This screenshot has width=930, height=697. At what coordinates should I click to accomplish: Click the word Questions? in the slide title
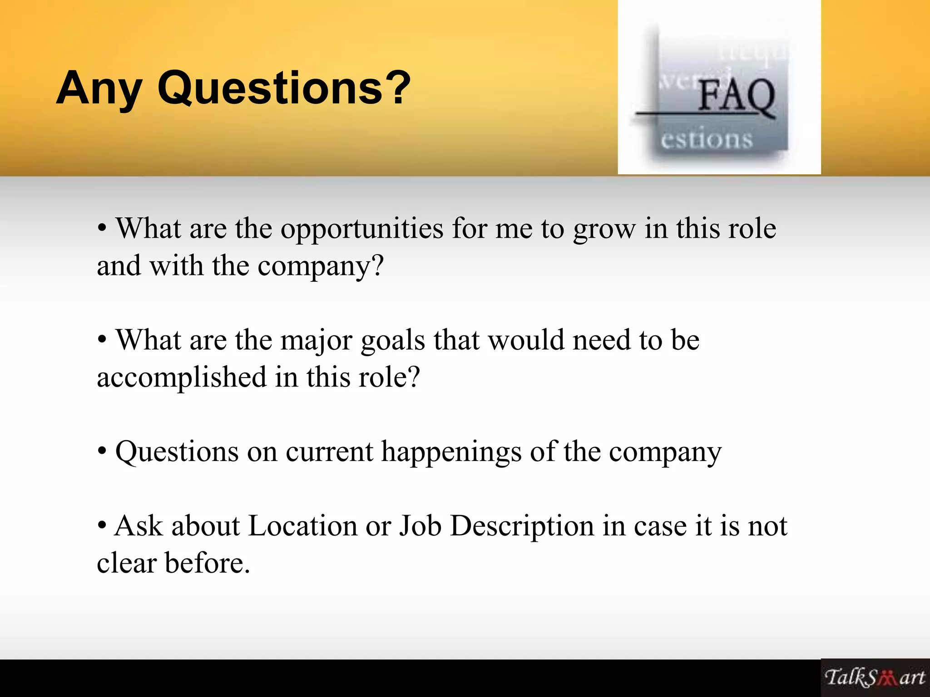pos(284,88)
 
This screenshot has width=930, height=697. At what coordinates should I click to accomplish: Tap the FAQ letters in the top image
pos(736,96)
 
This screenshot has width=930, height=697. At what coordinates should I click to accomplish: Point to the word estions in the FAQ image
pos(707,139)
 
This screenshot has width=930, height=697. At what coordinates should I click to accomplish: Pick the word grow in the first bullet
pos(604,229)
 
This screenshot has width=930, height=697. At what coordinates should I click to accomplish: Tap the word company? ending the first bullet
pos(321,266)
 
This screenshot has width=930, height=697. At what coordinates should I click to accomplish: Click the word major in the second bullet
pos(317,340)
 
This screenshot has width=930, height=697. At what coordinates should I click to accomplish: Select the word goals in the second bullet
pos(393,340)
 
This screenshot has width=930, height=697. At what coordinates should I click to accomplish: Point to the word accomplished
pos(182,378)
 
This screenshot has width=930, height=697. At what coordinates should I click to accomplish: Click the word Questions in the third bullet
pos(177,452)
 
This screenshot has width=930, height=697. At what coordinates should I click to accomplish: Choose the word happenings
pos(451,452)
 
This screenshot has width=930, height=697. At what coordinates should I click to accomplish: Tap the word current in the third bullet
pos(329,452)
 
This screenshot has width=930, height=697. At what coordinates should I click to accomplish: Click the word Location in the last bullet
pos(303,526)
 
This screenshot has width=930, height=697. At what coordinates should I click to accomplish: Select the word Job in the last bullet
pos(420,526)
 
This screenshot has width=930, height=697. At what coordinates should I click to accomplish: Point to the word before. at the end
pos(208,564)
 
